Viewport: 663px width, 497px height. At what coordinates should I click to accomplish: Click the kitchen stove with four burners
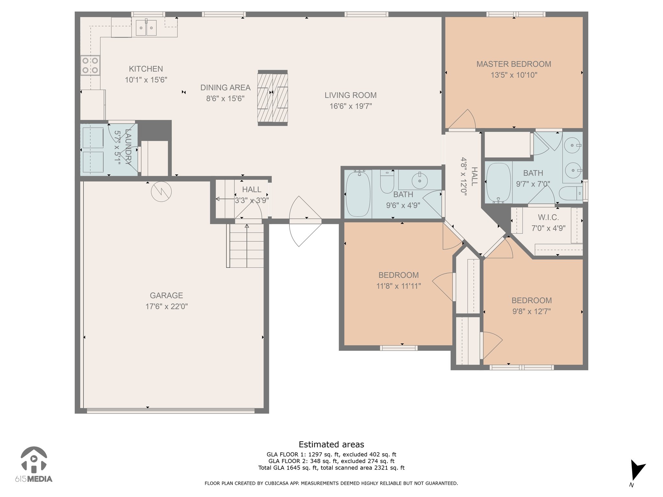tap(90, 65)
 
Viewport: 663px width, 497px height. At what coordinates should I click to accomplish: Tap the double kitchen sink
tap(146, 27)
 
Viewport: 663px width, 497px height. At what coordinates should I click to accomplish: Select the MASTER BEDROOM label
tap(514, 64)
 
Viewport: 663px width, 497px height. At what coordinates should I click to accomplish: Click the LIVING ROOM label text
tap(351, 95)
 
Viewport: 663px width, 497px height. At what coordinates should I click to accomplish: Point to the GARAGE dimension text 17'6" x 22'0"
tap(166, 306)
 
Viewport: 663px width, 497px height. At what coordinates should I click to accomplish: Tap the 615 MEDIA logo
tap(34, 464)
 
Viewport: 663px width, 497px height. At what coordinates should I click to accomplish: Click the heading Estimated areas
tap(331, 444)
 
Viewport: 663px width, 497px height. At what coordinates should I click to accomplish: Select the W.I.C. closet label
tap(548, 217)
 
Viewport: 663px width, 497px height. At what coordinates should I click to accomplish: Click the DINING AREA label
tap(225, 87)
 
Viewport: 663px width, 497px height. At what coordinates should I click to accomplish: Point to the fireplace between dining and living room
tap(273, 98)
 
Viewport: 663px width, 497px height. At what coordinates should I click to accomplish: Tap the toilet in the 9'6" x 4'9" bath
tap(387, 182)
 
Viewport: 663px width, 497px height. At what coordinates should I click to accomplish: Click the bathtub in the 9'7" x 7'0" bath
tap(499, 183)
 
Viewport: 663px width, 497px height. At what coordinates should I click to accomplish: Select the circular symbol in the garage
tap(161, 192)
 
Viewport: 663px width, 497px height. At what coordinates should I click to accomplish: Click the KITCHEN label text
tap(146, 69)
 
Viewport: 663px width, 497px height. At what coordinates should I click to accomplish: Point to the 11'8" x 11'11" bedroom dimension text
tap(399, 286)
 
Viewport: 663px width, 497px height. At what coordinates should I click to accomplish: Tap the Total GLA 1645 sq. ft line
tap(331, 468)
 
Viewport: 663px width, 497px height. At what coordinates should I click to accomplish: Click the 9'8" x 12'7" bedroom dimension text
tap(531, 311)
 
